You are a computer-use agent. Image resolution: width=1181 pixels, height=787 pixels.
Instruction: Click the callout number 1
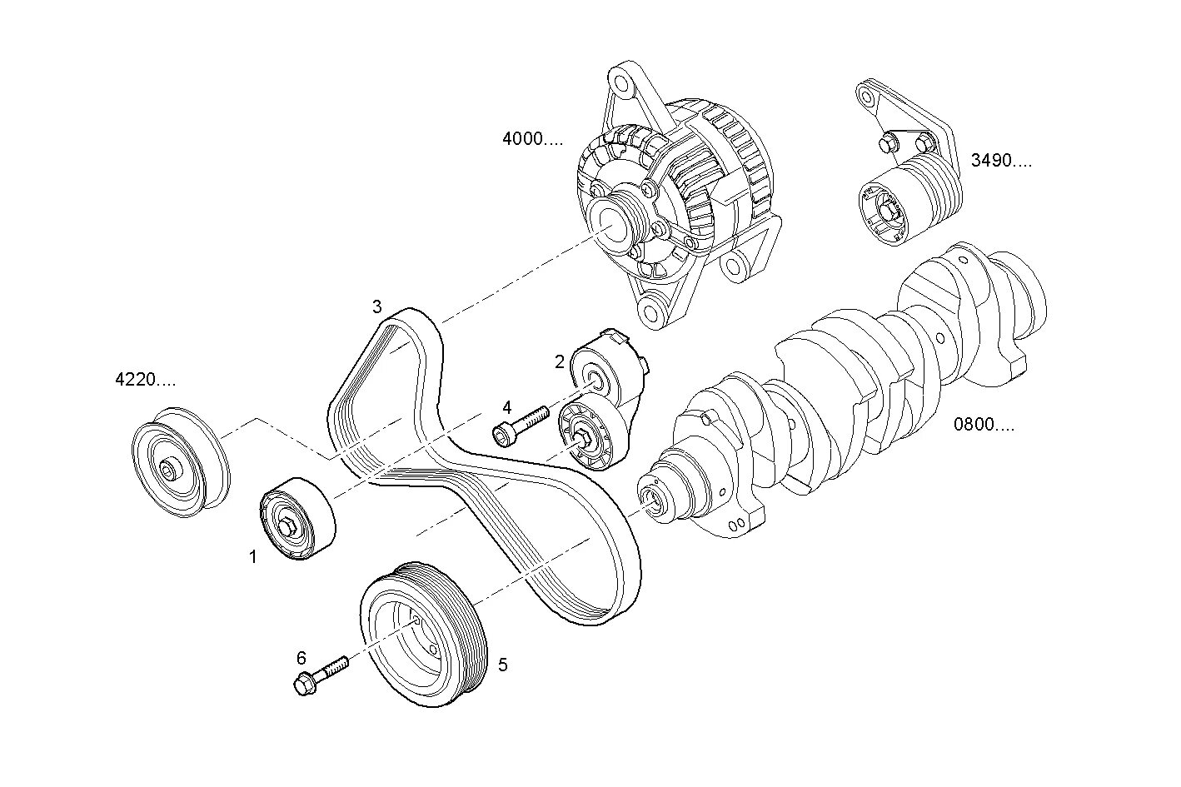(x=253, y=557)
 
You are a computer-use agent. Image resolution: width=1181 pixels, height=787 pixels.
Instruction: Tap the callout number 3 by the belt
(x=377, y=306)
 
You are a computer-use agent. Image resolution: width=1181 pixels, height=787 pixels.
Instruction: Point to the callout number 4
(x=506, y=407)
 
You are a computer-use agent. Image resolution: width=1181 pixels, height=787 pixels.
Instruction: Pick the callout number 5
(x=502, y=665)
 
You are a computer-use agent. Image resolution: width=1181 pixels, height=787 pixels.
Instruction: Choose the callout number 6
(x=301, y=657)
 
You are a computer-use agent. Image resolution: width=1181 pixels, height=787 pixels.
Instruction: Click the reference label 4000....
(x=532, y=138)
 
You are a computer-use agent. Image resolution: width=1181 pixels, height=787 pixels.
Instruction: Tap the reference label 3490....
(x=1000, y=160)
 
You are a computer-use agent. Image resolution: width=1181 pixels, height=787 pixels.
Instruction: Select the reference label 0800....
(x=984, y=425)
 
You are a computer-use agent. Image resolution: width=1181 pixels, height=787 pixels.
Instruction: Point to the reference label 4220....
(x=145, y=381)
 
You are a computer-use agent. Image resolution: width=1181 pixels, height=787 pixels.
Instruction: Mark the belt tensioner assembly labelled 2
(x=600, y=400)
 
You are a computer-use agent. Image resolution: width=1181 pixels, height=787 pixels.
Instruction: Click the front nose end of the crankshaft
(x=651, y=501)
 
